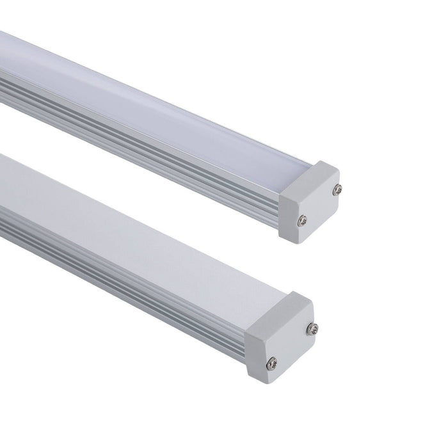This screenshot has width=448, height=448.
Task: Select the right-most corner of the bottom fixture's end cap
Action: point(315,326)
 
